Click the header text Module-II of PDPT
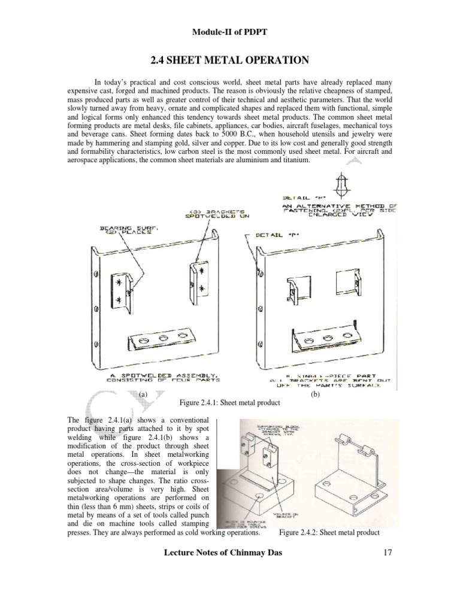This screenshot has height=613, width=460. point(231,31)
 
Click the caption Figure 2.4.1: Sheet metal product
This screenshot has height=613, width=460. point(230,403)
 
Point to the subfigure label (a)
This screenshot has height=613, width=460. point(142,395)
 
